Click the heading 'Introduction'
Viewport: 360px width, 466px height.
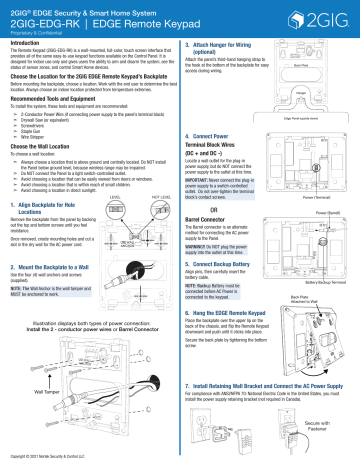click(29, 44)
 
